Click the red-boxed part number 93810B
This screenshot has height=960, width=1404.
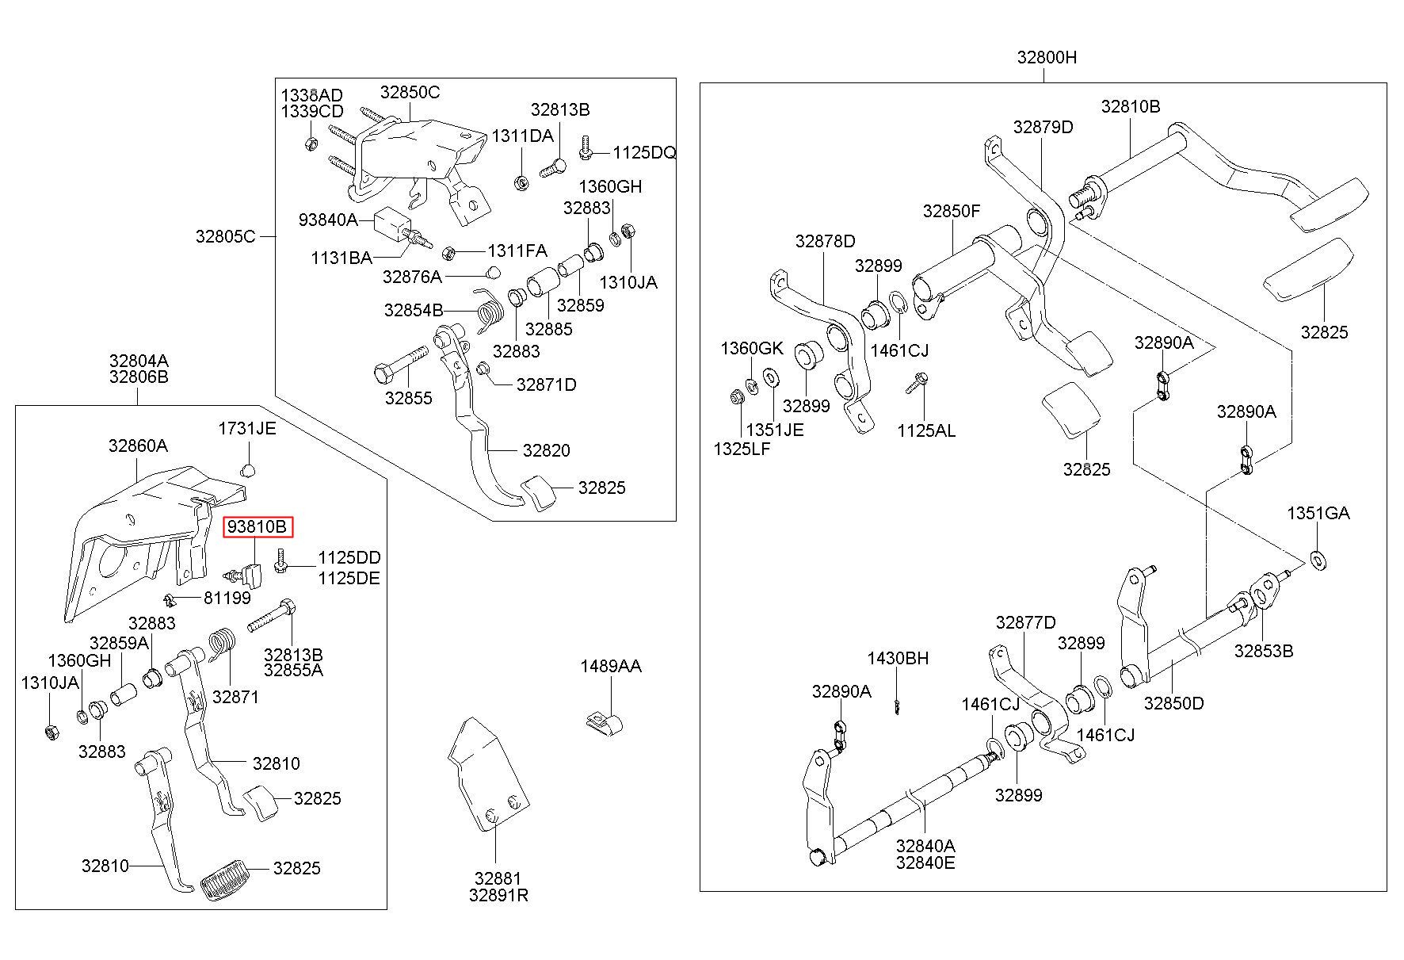pos(258,527)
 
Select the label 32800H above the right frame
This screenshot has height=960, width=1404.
pos(1047,58)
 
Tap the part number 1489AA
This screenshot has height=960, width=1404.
pos(610,667)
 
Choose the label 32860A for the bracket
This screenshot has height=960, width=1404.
pos(138,446)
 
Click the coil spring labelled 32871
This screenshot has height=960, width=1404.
pos(223,642)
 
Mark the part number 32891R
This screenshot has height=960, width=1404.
pos(498,896)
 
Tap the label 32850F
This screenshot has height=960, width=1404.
pos(951,212)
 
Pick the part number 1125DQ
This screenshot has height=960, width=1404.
pos(644,152)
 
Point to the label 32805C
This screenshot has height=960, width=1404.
pos(226,236)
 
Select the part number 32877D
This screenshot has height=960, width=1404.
pos(1025,623)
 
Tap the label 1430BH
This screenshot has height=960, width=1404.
pos(897,659)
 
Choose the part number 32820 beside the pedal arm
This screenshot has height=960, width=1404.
pos(546,450)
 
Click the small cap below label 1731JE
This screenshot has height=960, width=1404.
pos(247,470)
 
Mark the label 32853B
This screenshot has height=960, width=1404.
pos(1263,652)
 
